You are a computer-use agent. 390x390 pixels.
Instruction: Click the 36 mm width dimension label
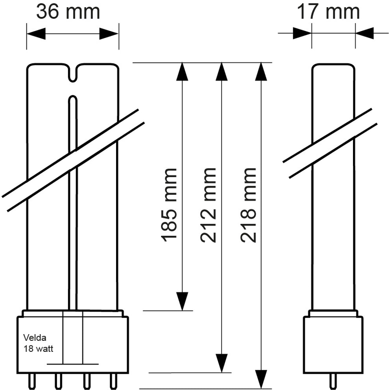pyautogui.click(x=68, y=12)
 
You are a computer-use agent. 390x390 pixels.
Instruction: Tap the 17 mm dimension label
pyautogui.click(x=328, y=12)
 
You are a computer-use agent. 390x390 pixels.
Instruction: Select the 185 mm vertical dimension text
pyautogui.click(x=170, y=204)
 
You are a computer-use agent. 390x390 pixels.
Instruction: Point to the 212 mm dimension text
pyautogui.click(x=209, y=204)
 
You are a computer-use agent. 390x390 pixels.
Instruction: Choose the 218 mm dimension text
pyautogui.click(x=249, y=204)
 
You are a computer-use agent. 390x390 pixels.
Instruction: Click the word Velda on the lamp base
pyautogui.click(x=35, y=337)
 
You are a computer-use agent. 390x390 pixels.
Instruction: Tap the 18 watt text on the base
pyautogui.click(x=39, y=348)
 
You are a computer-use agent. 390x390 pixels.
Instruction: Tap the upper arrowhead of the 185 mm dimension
pyautogui.click(x=182, y=71)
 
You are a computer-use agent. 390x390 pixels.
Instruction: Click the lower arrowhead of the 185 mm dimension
pyautogui.click(x=182, y=301)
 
